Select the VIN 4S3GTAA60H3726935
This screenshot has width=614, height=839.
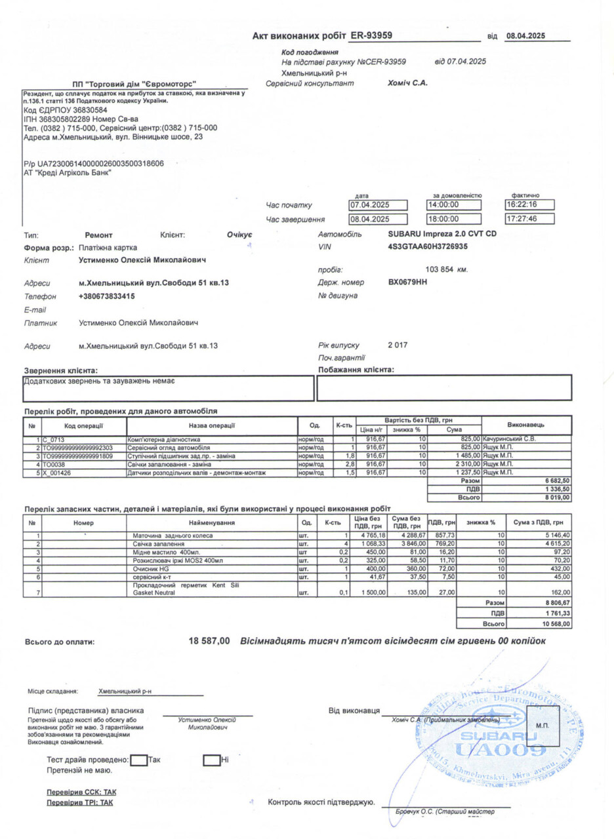428,246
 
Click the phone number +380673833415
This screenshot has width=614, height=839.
106,296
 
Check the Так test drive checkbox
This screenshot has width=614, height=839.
139,760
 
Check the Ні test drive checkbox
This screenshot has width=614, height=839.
211,760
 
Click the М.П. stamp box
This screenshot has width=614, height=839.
542,726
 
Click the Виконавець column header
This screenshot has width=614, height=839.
526,425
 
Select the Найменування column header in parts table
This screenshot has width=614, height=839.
211,523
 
